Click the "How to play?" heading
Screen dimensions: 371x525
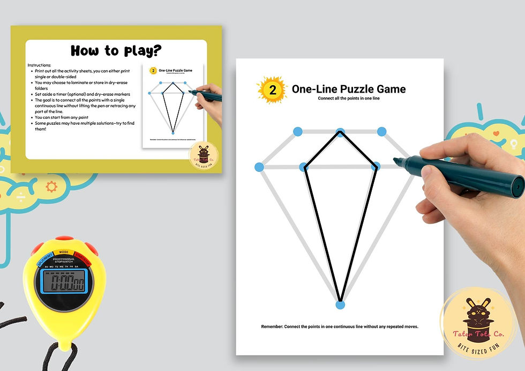click(116, 51)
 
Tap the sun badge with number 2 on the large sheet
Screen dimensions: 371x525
click(273, 90)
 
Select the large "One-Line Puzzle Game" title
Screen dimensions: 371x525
click(348, 89)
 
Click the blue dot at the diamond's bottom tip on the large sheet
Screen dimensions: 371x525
click(340, 305)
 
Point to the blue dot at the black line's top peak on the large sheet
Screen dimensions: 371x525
click(340, 132)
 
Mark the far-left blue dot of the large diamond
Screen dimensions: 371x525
click(259, 167)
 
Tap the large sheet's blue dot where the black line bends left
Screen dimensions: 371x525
click(304, 167)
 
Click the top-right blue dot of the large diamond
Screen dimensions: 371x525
click(381, 131)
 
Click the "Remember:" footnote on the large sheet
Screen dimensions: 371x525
click(340, 327)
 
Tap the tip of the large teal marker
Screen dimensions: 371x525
click(396, 160)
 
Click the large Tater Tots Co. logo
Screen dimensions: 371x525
click(471, 316)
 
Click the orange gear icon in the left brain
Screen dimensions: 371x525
click(51, 186)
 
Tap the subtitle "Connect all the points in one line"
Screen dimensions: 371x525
click(349, 99)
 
